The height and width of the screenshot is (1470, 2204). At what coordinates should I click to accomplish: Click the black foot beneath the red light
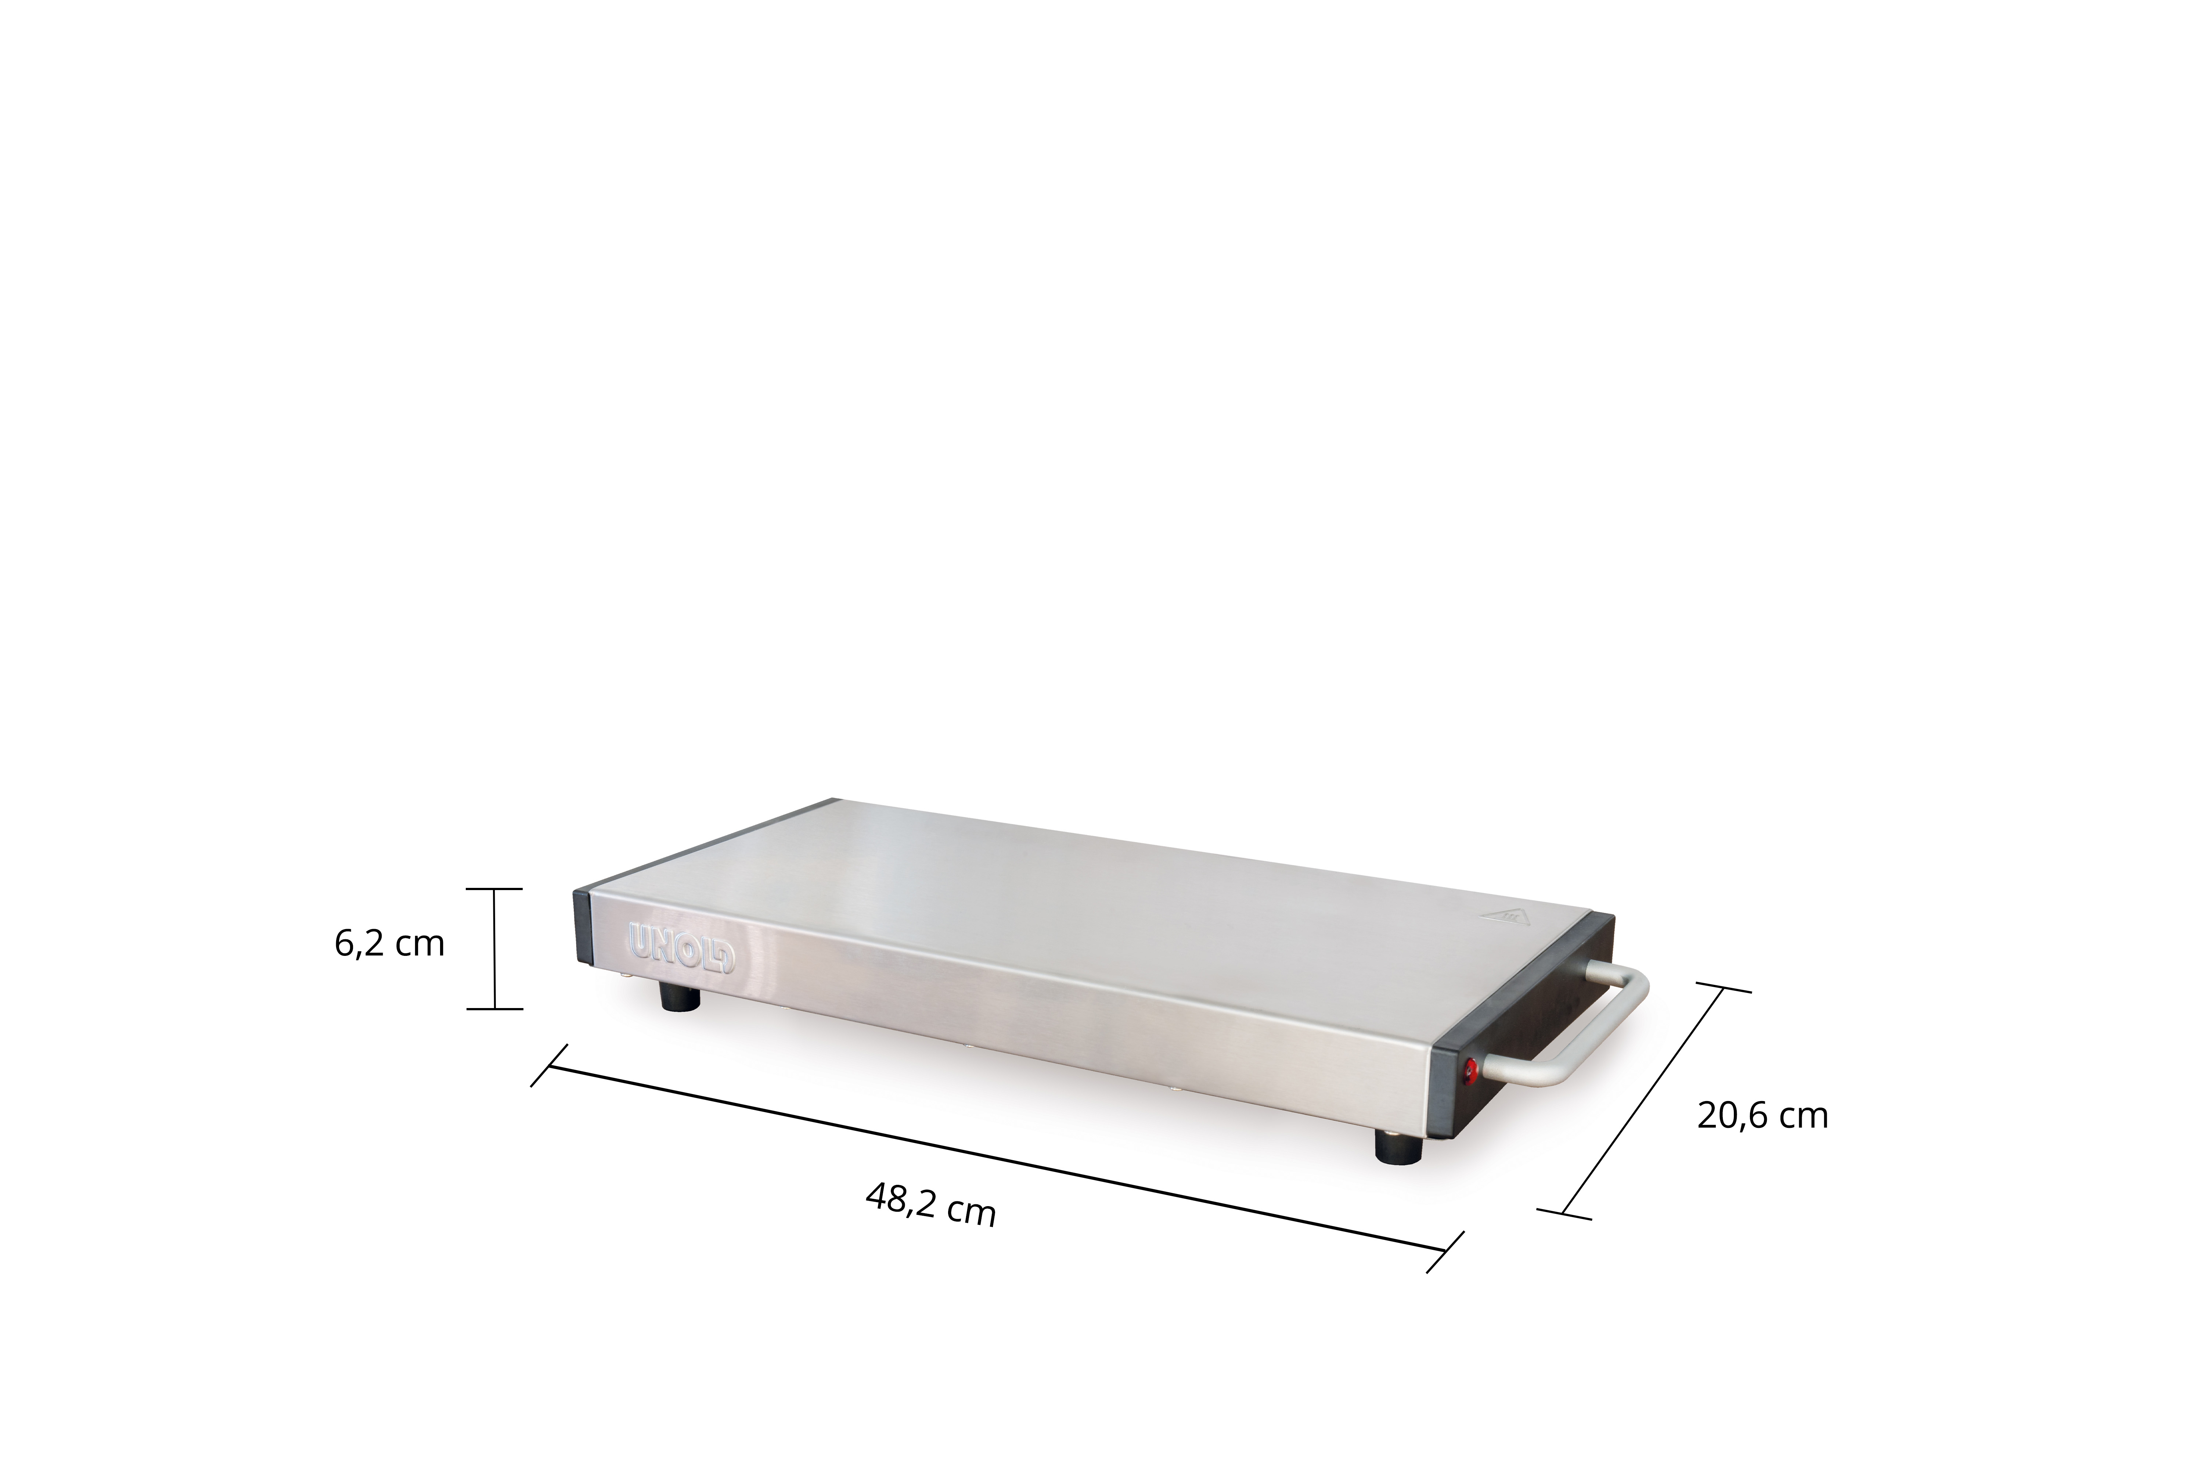(x=1397, y=1145)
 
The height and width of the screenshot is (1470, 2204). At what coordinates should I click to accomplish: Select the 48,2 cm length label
(x=930, y=1205)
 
